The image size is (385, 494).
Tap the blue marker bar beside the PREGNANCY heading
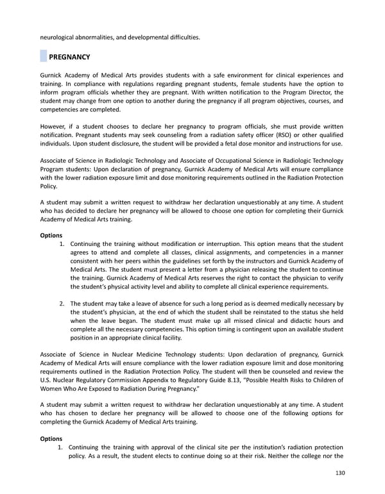[44, 57]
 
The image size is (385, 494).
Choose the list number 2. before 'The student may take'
[62, 304]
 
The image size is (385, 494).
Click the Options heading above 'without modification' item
[51, 236]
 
